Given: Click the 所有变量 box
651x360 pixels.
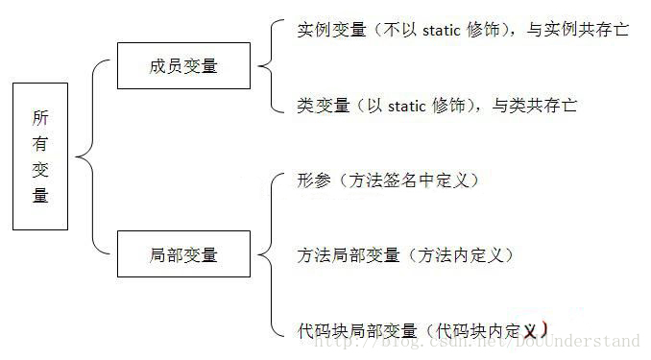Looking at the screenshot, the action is pos(40,156).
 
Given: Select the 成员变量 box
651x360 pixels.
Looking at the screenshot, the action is pos(183,66).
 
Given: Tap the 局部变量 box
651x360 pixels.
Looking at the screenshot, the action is pos(183,254).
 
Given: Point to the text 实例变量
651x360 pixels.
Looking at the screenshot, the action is pos(332,30).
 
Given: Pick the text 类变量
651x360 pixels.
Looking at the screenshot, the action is pos(324,105).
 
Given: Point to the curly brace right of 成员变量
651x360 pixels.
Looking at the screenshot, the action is pos(265,66).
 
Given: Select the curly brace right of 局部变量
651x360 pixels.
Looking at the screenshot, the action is pos(265,254).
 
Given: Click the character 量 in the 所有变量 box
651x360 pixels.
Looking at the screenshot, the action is pos(40,195).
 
